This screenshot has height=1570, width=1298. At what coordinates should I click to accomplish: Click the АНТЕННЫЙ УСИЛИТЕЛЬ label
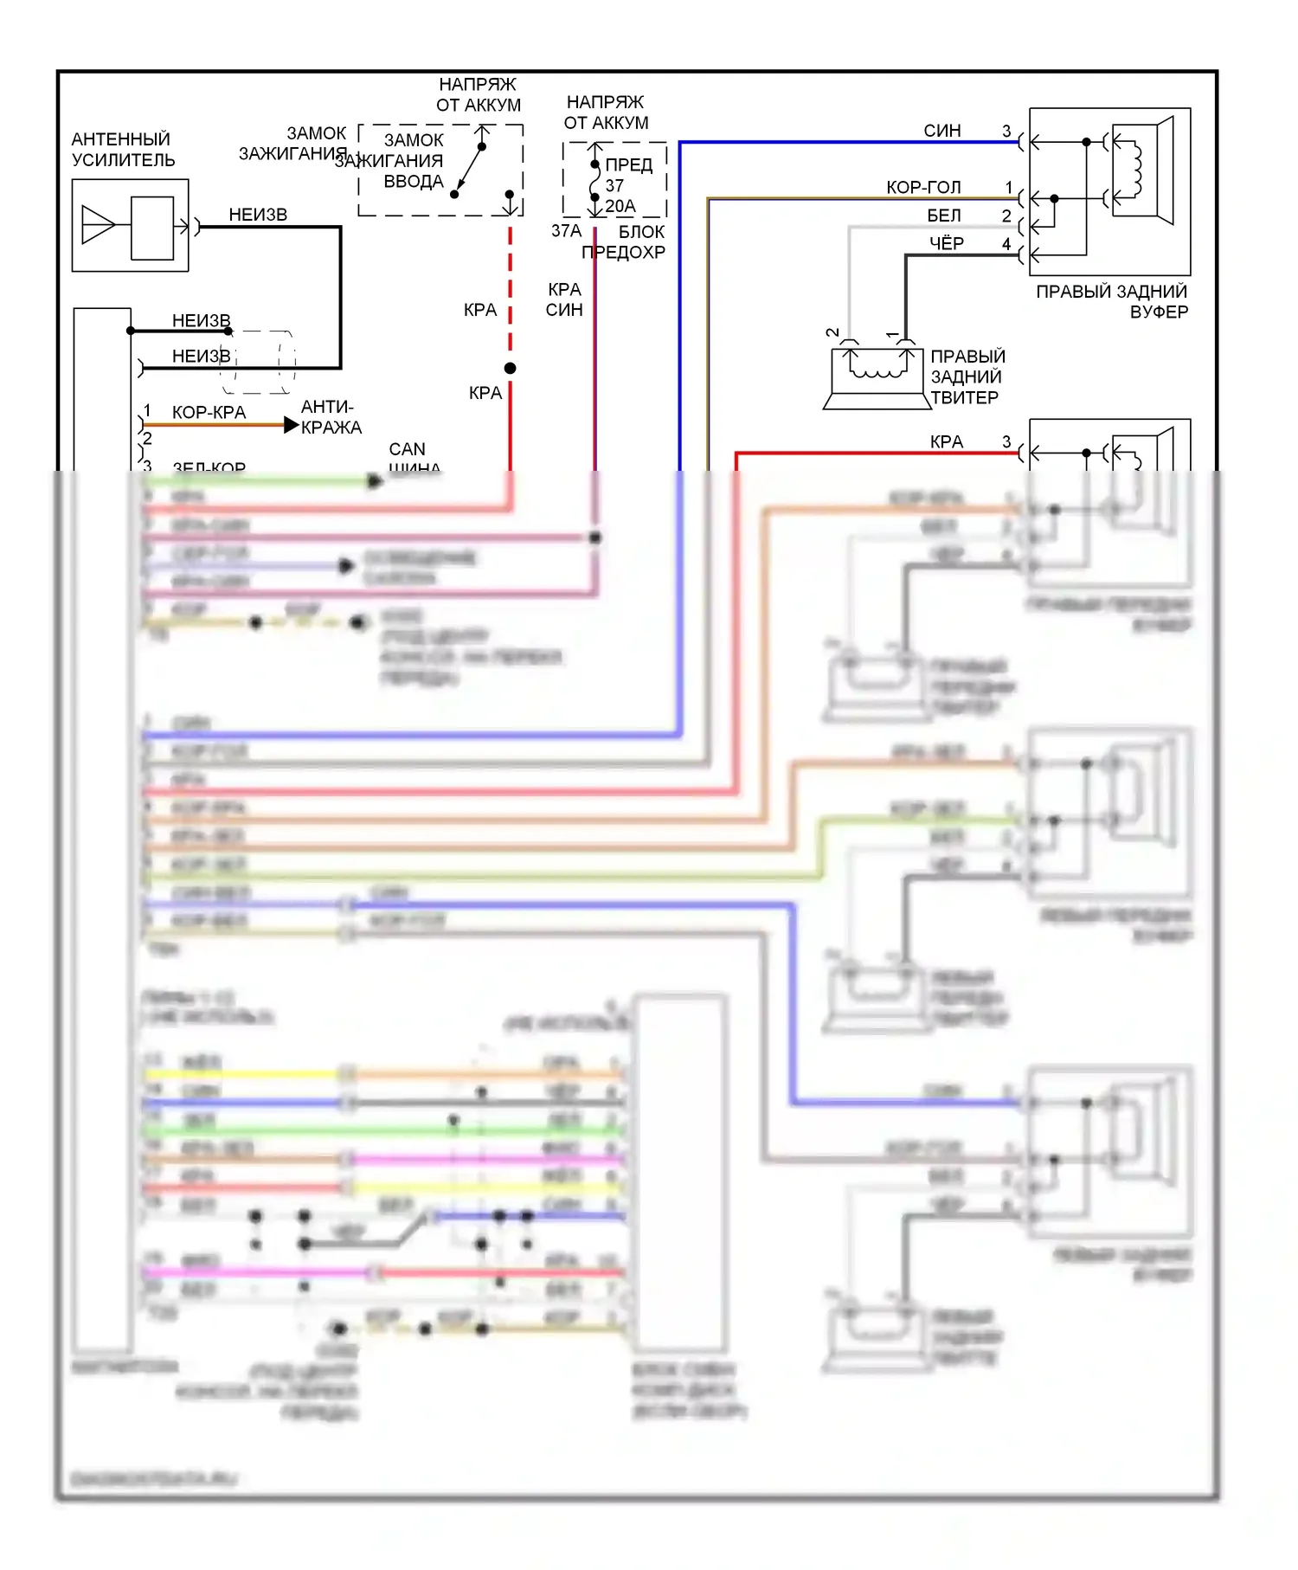point(123,150)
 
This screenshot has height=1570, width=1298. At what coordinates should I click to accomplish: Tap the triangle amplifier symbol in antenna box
point(98,226)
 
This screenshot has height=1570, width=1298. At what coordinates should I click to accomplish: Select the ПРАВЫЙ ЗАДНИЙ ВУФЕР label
point(1112,301)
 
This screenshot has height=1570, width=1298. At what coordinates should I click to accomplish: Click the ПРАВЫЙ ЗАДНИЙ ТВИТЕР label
point(967,377)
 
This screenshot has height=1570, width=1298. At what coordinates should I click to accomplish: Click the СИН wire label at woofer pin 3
point(941,131)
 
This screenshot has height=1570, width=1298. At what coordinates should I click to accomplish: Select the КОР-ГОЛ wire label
point(922,188)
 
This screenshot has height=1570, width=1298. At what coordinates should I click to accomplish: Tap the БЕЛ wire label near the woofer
point(943,216)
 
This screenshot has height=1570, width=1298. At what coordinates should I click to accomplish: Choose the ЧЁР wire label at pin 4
point(946,244)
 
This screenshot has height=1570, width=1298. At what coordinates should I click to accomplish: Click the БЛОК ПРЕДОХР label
point(625,242)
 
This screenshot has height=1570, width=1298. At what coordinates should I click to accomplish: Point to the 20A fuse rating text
point(620,206)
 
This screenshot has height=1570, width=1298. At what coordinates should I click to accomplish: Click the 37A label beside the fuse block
point(566,231)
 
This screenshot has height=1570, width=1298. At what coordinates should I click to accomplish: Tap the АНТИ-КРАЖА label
point(331,417)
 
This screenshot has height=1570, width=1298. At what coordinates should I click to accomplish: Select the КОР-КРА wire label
point(209,413)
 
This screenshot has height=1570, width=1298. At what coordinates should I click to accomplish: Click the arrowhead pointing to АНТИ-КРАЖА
point(292,425)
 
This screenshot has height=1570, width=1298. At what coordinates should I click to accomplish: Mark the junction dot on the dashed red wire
point(511,369)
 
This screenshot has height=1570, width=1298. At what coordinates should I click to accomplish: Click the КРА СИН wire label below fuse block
point(564,299)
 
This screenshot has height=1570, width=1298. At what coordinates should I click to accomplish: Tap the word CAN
point(407,449)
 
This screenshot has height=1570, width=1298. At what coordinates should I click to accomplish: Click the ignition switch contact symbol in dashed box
point(468,168)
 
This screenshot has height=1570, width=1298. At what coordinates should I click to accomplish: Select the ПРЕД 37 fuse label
point(627,175)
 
